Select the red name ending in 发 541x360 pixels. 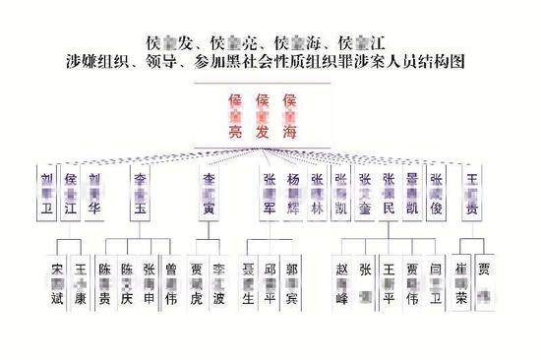(x=262, y=115)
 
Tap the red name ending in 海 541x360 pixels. (x=289, y=115)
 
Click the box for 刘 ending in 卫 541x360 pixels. (x=46, y=194)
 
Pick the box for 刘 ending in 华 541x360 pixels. (x=94, y=194)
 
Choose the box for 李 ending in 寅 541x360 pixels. (x=209, y=194)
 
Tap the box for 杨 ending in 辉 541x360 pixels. (x=293, y=194)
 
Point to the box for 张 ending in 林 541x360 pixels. (x=317, y=194)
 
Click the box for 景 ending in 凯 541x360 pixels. (x=412, y=194)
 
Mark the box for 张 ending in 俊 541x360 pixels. (x=437, y=194)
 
